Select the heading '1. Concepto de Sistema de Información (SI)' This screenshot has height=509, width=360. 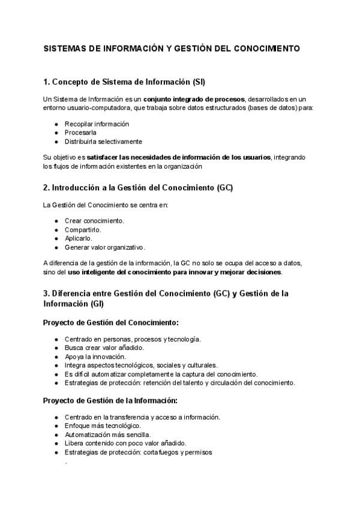click(128, 82)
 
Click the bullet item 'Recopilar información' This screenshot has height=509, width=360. click(97, 124)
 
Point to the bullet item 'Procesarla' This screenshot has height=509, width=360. click(80, 133)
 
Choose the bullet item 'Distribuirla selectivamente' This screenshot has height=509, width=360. click(103, 142)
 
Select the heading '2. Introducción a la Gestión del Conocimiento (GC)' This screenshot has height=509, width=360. click(138, 188)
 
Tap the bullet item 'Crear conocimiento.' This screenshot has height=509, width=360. click(94, 220)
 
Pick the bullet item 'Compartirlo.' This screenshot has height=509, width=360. click(83, 229)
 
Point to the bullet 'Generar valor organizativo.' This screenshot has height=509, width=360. click(105, 247)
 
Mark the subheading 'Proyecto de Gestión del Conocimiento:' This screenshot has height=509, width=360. click(110, 322)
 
